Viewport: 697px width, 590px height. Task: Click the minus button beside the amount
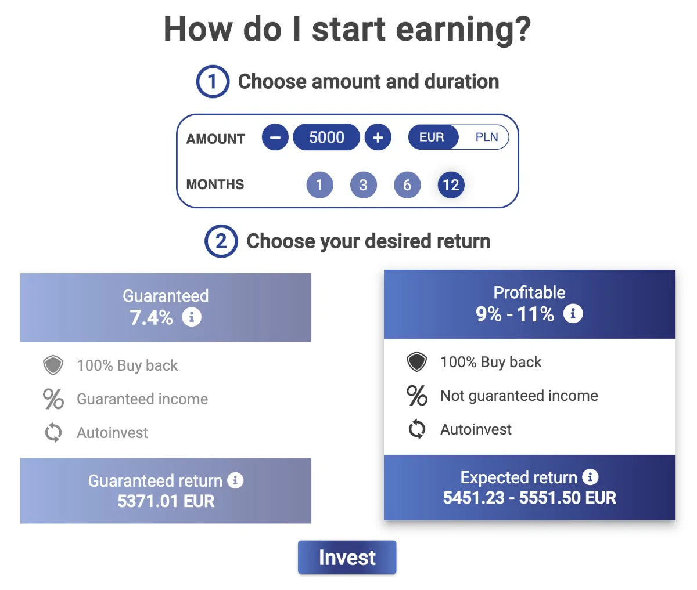pos(275,137)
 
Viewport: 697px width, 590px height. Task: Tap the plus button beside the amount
pos(378,137)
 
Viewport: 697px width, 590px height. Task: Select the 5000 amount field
pos(326,137)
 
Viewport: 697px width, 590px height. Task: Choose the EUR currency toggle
pos(433,137)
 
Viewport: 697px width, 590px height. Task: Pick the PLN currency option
pos(486,137)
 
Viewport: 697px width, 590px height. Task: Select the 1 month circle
pos(319,185)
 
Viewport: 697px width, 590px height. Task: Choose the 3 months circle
pos(363,185)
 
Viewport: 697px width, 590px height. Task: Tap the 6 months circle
pos(407,185)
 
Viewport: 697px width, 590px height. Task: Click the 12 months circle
pos(451,185)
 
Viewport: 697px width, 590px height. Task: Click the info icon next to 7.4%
pos(192,317)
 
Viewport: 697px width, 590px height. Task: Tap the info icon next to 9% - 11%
pos(573,313)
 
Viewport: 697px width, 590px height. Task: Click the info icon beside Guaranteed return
pos(235,480)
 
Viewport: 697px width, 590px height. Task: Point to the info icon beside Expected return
pos(590,477)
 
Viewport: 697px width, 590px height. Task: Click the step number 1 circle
pos(213,81)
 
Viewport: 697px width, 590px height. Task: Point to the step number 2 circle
pos(221,241)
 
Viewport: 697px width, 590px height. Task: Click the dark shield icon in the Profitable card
pos(417,361)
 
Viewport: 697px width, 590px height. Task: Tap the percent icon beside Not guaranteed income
pos(417,395)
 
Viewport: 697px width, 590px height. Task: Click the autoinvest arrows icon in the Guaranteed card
pos(53,432)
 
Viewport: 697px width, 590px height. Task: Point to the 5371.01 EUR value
pos(166,501)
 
